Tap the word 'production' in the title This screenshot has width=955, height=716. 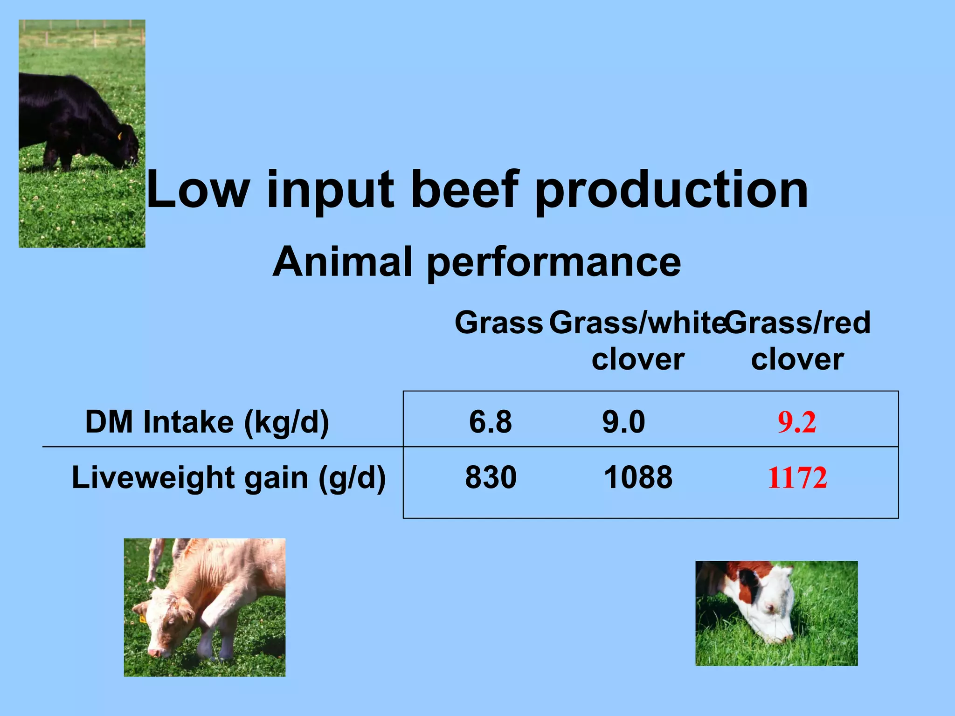[x=671, y=190]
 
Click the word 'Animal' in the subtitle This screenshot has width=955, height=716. [x=343, y=262]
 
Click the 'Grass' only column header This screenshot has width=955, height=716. [x=498, y=323]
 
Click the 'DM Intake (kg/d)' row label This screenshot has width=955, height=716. [x=207, y=422]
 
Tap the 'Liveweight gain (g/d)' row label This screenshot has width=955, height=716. [x=228, y=478]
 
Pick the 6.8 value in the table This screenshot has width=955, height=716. [x=490, y=422]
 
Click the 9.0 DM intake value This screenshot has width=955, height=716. [x=623, y=422]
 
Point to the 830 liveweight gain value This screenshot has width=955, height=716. [x=491, y=478]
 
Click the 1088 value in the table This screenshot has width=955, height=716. [x=638, y=478]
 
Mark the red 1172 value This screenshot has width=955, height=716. [x=797, y=478]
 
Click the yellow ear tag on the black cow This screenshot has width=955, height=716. [x=119, y=136]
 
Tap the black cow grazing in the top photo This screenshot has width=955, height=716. [x=70, y=121]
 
